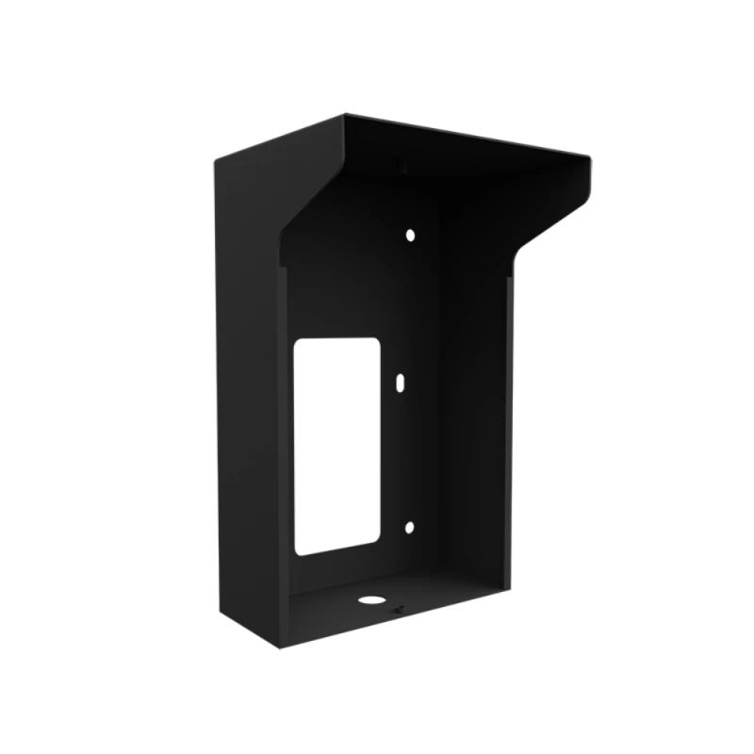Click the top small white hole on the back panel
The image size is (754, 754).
[410, 234]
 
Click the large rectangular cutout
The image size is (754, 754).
[336, 446]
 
